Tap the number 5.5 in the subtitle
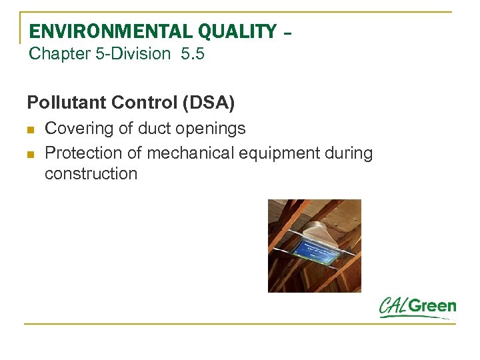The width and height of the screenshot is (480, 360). click(192, 54)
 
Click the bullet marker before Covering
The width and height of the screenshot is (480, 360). click(31, 129)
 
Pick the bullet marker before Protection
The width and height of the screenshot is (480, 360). click(31, 153)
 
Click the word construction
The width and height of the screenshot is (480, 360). click(91, 174)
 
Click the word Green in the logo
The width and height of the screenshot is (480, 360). click(432, 307)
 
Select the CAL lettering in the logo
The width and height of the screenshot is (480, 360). click(393, 307)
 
